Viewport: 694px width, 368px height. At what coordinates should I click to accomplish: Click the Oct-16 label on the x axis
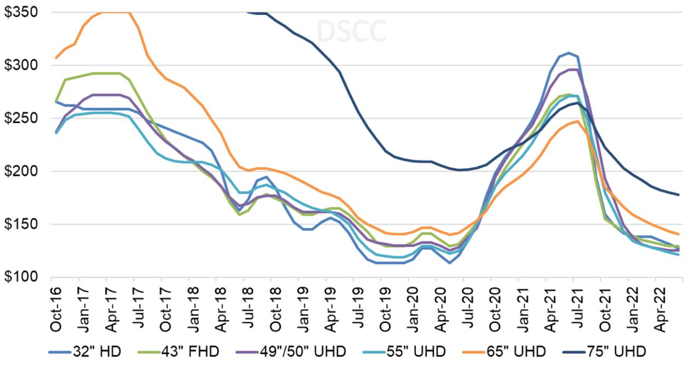pos(55,308)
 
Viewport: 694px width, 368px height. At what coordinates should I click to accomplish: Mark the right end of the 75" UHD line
pos(678,194)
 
